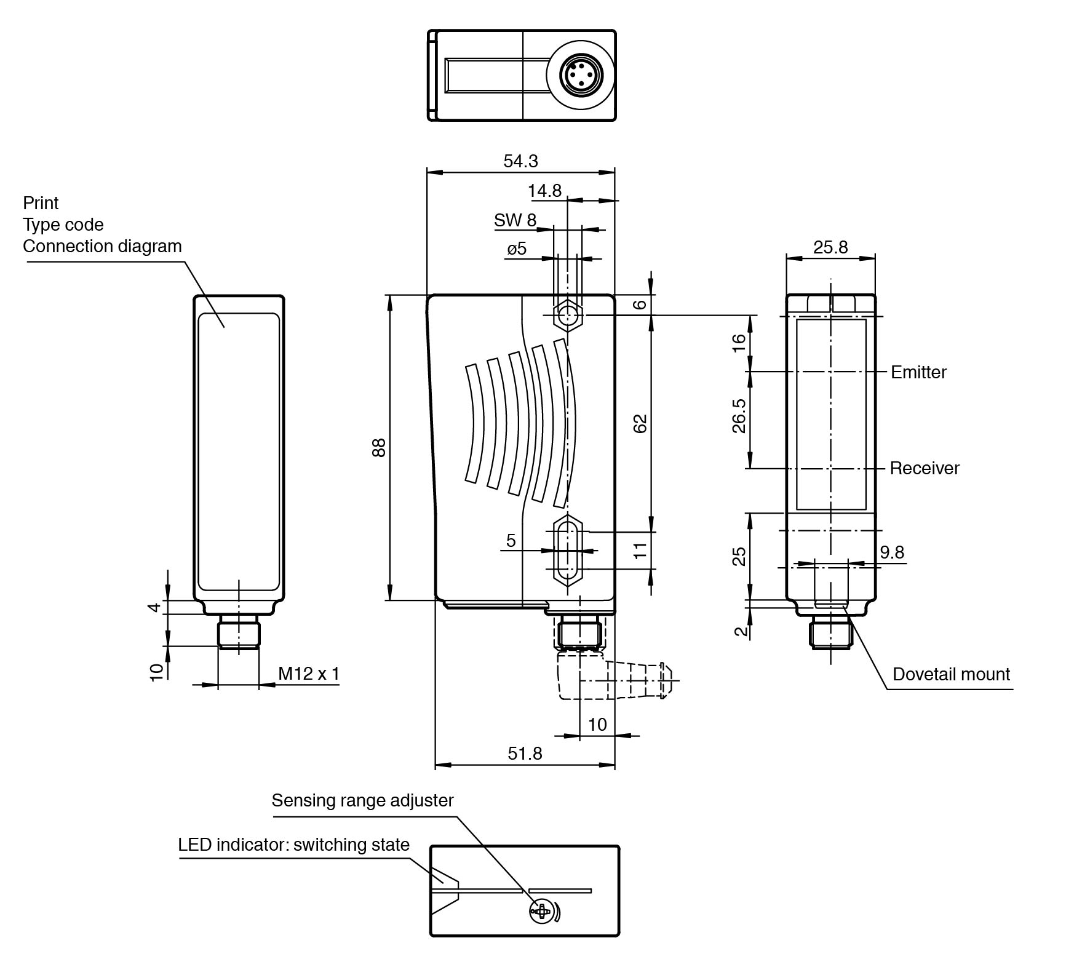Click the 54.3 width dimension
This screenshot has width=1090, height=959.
point(520,161)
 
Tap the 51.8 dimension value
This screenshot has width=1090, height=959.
point(525,753)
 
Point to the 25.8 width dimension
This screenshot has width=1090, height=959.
point(830,247)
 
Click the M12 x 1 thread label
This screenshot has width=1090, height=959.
point(308,674)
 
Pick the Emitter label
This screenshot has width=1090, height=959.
point(918,372)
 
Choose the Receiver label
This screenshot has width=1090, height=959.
point(924,469)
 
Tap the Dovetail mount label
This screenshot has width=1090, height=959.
point(950,674)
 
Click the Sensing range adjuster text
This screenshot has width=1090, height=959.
point(362,800)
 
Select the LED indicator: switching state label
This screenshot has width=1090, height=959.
point(293,845)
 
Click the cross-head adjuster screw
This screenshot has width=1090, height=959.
point(541,911)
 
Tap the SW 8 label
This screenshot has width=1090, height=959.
point(514,220)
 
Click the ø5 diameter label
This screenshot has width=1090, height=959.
point(517,249)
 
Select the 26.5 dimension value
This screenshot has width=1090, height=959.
point(739,416)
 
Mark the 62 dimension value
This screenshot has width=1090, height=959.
point(640,424)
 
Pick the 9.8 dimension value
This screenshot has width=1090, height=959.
point(891,552)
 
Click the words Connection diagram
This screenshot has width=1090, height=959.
point(102,246)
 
